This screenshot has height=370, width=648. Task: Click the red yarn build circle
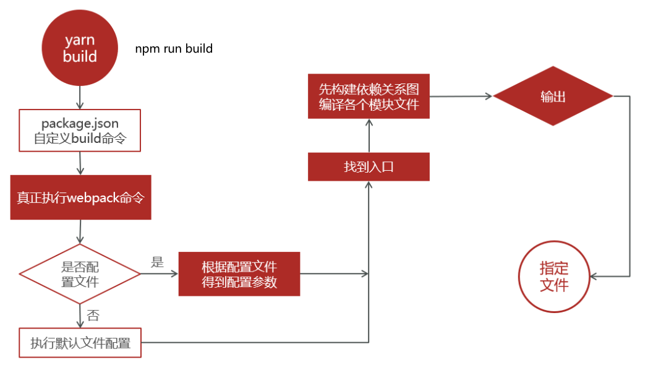(x=80, y=48)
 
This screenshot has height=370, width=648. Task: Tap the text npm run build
(x=174, y=48)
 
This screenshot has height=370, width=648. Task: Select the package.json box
(x=80, y=131)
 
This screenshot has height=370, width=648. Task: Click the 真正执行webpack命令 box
(x=80, y=197)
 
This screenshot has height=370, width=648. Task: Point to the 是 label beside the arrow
(x=157, y=262)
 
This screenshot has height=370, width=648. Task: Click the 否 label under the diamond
(x=93, y=316)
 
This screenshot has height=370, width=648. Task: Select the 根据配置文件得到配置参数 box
(x=239, y=274)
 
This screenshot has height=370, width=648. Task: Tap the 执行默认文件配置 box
(x=80, y=343)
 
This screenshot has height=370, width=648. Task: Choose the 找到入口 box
(x=369, y=167)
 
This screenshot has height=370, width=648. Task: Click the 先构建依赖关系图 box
(x=369, y=96)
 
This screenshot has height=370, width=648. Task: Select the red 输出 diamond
(x=553, y=97)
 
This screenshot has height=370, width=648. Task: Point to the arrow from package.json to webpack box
(x=80, y=163)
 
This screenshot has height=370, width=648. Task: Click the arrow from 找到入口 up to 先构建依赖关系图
(x=369, y=136)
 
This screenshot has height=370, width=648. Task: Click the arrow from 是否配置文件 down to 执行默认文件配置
(x=80, y=315)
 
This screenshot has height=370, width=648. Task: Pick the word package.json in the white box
(x=80, y=124)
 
